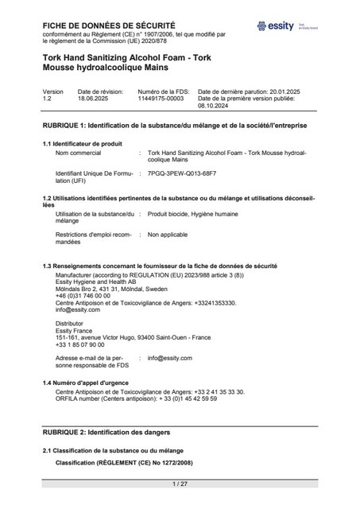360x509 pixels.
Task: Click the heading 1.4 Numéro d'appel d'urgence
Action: point(89,383)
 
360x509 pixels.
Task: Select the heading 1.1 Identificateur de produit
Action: point(82,143)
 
